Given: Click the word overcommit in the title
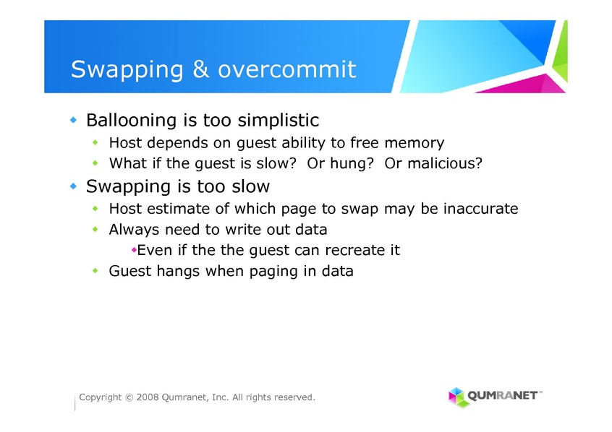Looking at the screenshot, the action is tap(287, 69).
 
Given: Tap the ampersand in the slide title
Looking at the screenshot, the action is tap(200, 69).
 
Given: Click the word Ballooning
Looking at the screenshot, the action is tap(131, 121).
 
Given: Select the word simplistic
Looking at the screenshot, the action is tap(279, 121).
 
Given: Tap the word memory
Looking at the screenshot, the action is tap(414, 143).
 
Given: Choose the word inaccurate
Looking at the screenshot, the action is tap(481, 209).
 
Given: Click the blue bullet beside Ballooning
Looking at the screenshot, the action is tap(73, 120).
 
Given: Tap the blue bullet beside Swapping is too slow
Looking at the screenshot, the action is tap(73, 186).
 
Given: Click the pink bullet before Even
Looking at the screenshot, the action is tap(134, 250).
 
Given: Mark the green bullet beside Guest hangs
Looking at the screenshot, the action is tap(95, 270).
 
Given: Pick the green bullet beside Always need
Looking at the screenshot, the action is tap(95, 229).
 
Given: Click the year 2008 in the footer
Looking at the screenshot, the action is tap(147, 397).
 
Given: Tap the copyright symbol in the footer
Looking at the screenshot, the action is tap(129, 397).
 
